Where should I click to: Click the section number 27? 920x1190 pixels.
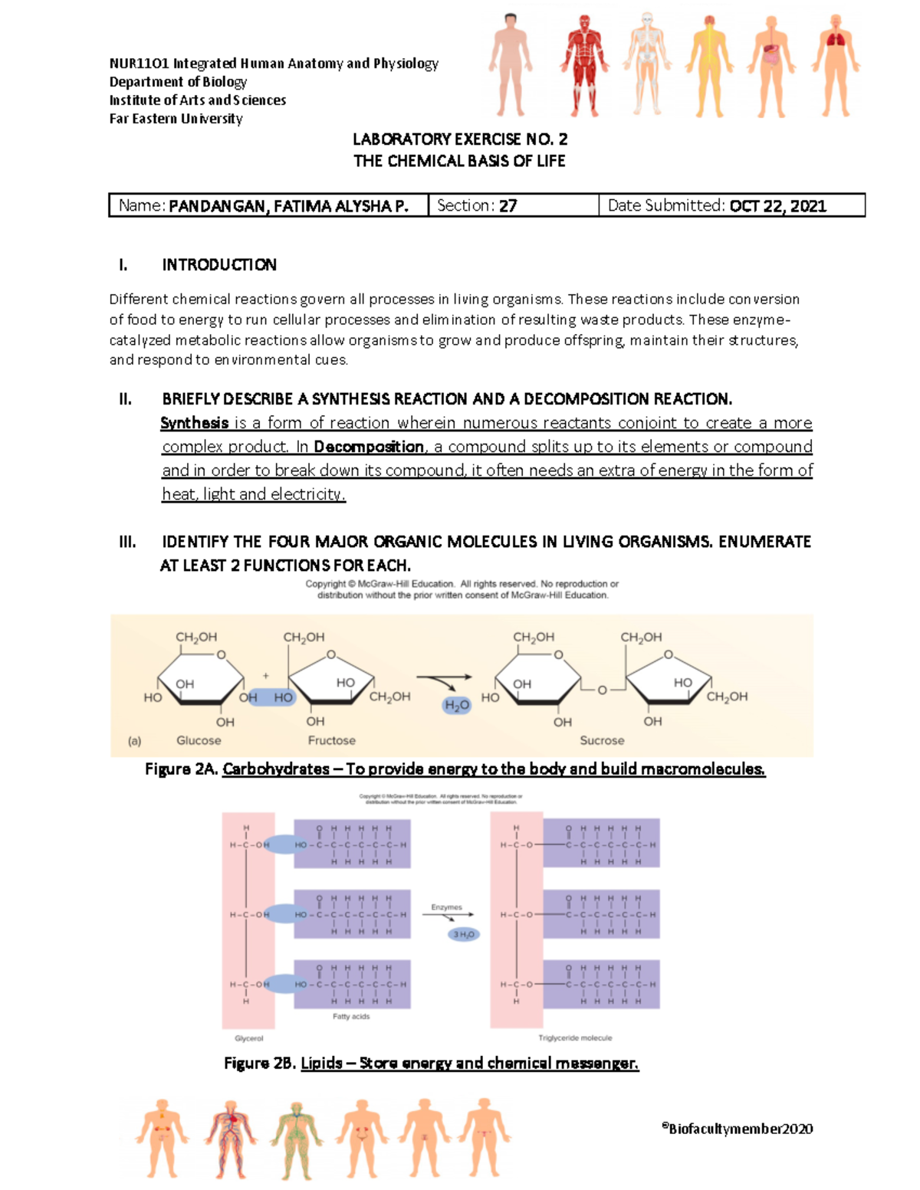click(508, 206)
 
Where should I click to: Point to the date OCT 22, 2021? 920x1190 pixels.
click(777, 206)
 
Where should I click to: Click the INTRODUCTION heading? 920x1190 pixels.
click(219, 265)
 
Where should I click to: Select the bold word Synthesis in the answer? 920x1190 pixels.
click(195, 423)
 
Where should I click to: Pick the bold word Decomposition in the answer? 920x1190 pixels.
click(369, 447)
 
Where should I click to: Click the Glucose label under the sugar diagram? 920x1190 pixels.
click(199, 740)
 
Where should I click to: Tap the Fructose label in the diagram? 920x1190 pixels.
click(331, 740)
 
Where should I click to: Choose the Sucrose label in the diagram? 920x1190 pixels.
click(602, 740)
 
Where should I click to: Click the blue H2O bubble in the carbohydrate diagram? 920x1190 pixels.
click(457, 706)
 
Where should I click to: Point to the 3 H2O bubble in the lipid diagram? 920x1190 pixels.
click(464, 934)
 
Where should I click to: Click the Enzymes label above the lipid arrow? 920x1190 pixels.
click(446, 907)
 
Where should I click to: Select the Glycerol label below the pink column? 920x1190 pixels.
click(248, 1038)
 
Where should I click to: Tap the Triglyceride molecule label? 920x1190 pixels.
click(575, 1038)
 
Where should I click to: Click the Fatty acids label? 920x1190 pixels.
click(351, 1016)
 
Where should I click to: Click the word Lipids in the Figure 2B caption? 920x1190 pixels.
click(321, 1063)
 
